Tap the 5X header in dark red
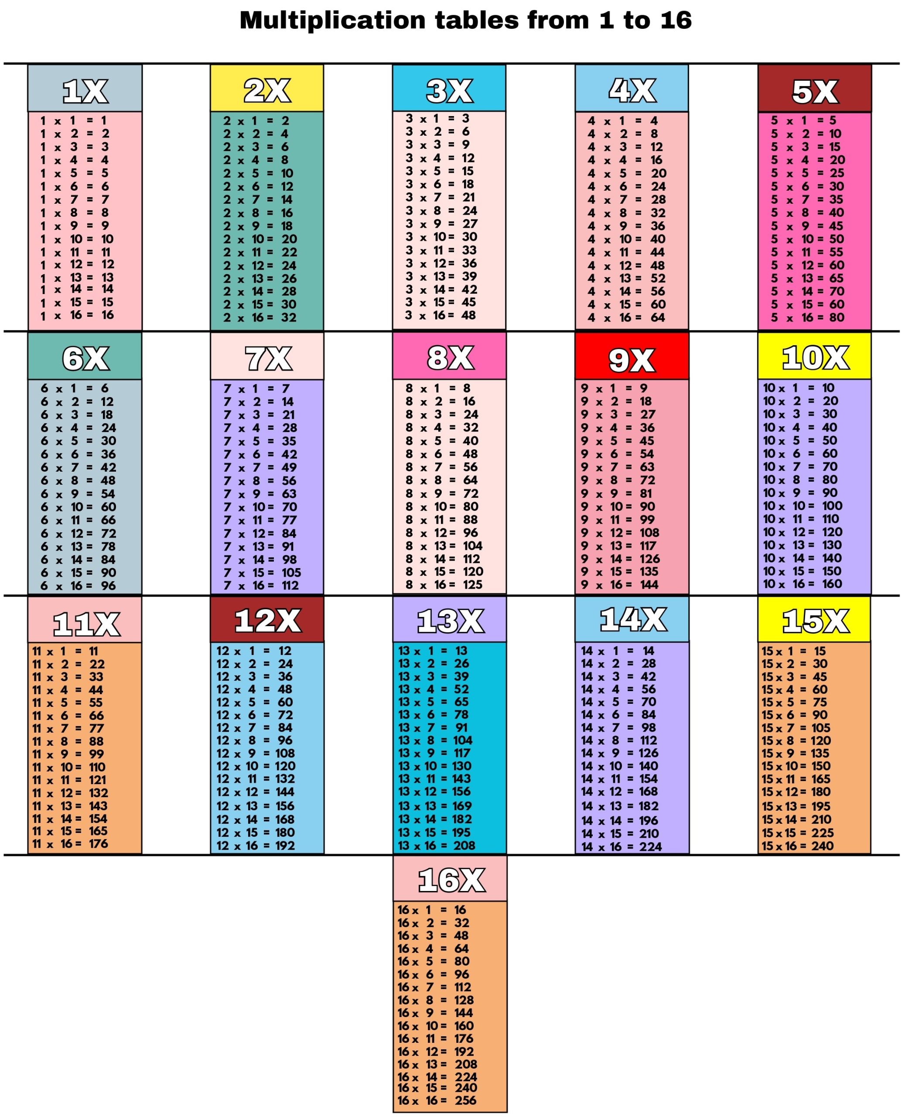click(x=814, y=91)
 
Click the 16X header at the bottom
click(x=451, y=880)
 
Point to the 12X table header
click(x=267, y=620)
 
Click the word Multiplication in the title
click(x=331, y=21)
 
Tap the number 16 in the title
click(x=676, y=21)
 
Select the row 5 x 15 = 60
click(x=807, y=304)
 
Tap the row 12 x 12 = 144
click(x=256, y=791)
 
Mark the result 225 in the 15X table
click(x=822, y=832)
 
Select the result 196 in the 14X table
click(x=649, y=820)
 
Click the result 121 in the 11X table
click(x=97, y=780)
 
